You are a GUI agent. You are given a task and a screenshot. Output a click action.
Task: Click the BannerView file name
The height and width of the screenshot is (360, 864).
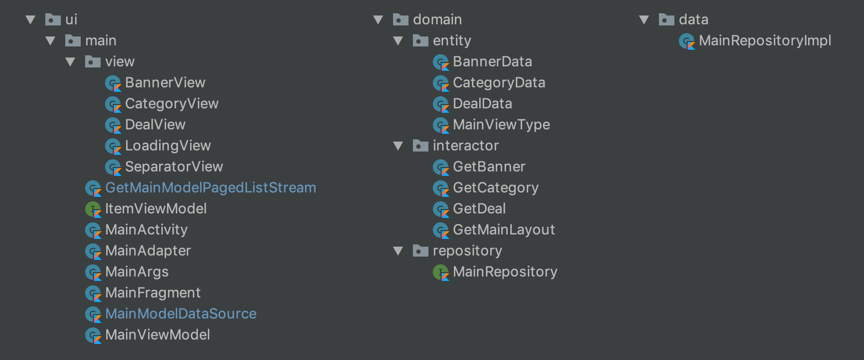click(x=165, y=83)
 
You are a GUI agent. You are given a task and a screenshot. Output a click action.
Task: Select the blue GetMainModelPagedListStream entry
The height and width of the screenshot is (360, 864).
click(x=210, y=188)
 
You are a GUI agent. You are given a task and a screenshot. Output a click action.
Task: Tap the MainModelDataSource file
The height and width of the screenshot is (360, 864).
click(x=180, y=314)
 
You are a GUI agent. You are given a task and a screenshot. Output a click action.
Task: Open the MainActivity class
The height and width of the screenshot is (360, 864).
click(x=146, y=230)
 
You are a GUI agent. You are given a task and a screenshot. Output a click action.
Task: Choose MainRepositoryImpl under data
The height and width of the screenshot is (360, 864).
click(x=764, y=41)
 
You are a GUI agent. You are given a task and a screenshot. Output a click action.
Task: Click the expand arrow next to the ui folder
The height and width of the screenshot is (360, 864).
click(x=30, y=20)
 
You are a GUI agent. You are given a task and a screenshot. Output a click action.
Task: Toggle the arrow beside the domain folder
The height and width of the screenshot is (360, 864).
click(x=378, y=20)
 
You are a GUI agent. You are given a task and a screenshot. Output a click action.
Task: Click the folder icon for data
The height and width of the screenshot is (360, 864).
click(x=667, y=20)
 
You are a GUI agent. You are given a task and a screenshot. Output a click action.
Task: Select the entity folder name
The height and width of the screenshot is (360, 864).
click(x=452, y=41)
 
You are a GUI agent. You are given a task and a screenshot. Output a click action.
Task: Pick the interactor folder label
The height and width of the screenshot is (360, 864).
click(x=465, y=146)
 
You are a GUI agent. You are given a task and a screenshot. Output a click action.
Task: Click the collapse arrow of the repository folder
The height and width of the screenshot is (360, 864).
click(x=398, y=251)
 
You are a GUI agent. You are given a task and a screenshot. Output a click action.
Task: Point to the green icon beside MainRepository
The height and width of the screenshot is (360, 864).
click(x=441, y=272)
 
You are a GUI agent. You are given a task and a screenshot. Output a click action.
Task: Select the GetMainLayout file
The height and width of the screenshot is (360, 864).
click(x=504, y=230)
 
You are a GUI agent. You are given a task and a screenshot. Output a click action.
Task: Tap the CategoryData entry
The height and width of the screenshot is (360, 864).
click(x=499, y=83)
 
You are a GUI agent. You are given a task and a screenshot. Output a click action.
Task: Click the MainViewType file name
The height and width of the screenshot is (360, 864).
click(x=501, y=125)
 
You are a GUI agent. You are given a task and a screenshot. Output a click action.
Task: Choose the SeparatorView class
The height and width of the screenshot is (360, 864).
click(x=174, y=167)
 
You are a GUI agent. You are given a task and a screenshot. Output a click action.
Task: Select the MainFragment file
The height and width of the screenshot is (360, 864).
click(x=153, y=293)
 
